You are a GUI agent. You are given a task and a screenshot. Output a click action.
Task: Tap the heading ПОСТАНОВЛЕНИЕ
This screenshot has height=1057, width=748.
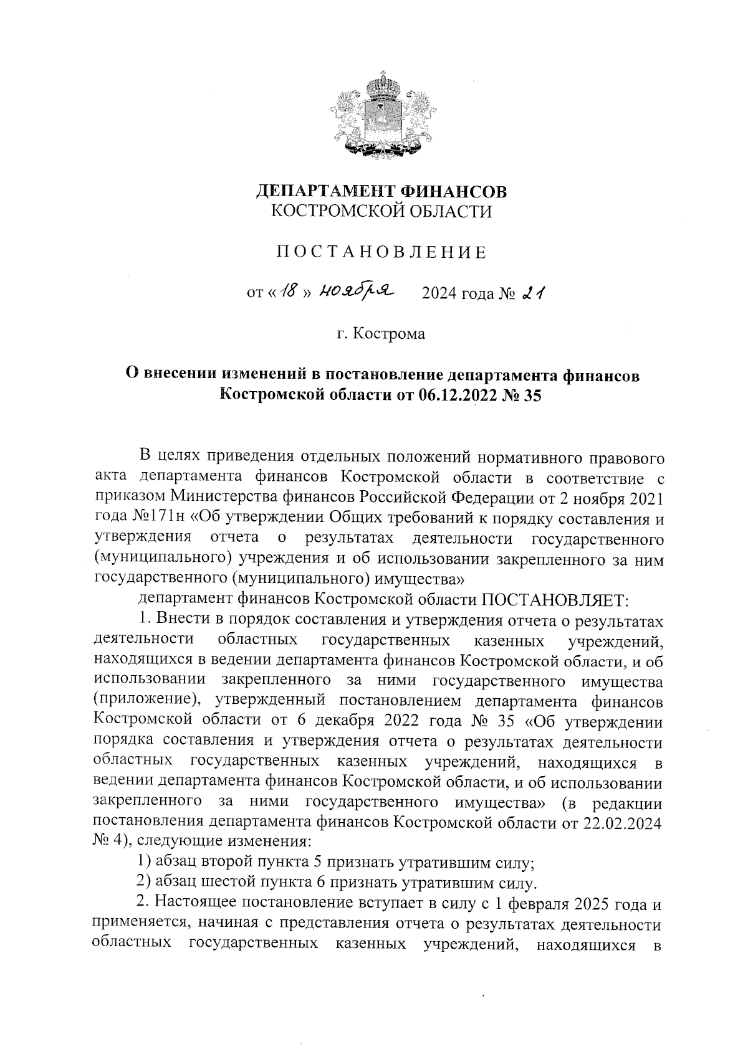coord(381,252)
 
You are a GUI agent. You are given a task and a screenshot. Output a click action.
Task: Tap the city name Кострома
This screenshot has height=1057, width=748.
coord(389,334)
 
